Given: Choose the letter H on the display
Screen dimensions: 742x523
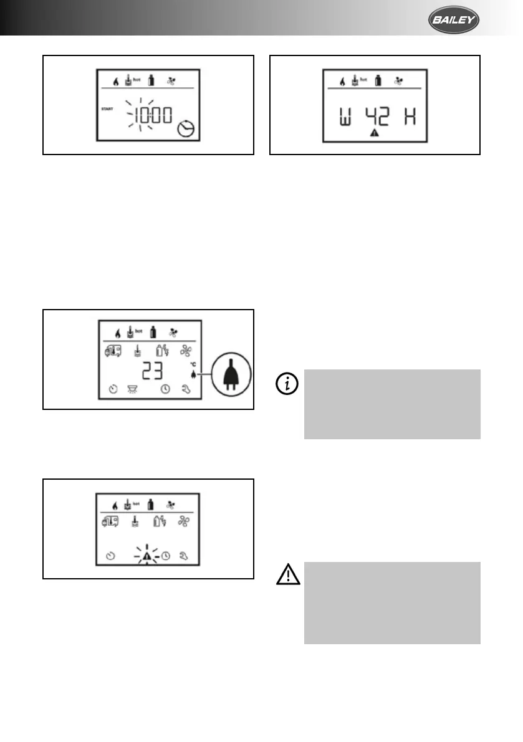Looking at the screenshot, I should pyautogui.click(x=409, y=116).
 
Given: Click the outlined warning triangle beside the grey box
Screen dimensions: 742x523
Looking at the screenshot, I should pyautogui.click(x=287, y=576).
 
